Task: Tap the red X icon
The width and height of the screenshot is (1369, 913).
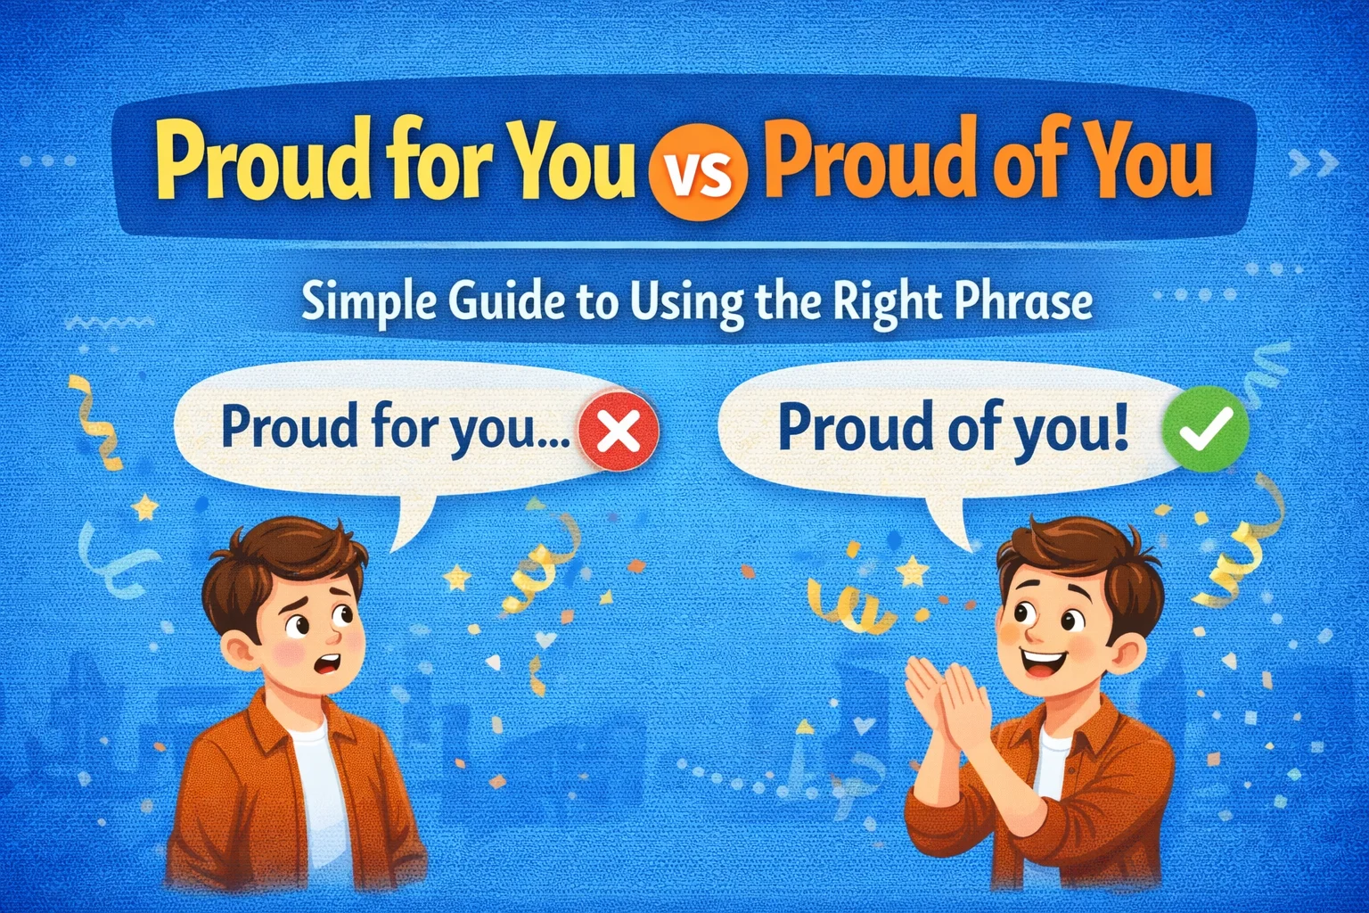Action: (619, 432)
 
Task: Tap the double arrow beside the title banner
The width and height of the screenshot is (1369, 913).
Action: (1314, 162)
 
